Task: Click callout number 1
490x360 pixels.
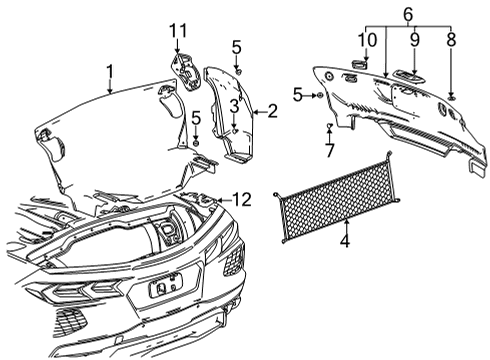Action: click(x=111, y=70)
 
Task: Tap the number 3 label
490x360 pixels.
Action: click(x=232, y=106)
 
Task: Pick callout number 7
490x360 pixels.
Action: click(x=329, y=150)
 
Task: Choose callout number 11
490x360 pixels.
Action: click(x=177, y=33)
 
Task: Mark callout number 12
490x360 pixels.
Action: click(x=240, y=201)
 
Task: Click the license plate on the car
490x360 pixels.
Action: click(x=163, y=290)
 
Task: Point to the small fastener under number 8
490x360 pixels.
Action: click(x=451, y=94)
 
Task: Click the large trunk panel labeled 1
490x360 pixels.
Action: click(x=110, y=130)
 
